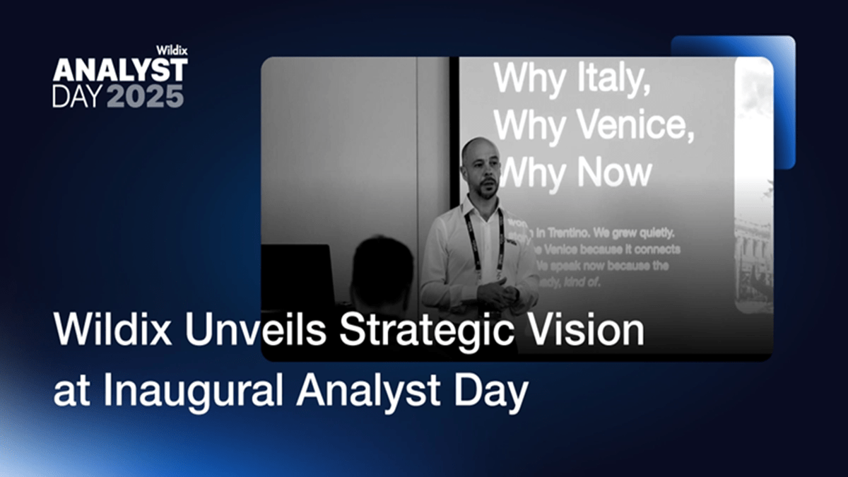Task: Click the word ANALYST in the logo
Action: pos(120,70)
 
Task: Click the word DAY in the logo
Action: pos(73,95)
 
